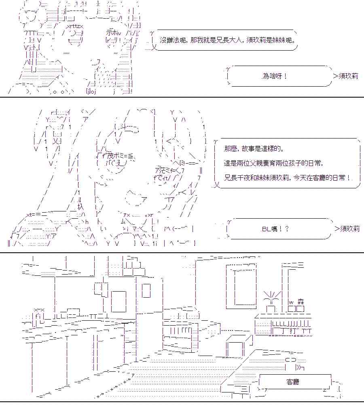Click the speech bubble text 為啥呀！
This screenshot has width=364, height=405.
click(275, 76)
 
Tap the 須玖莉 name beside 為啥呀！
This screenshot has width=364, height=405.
click(348, 76)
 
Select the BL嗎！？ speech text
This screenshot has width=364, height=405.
click(275, 229)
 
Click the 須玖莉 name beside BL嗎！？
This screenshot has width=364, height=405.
click(349, 228)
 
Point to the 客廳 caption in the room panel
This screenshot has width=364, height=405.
click(292, 382)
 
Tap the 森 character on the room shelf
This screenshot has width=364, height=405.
click(301, 302)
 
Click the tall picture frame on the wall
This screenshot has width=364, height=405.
click(241, 286)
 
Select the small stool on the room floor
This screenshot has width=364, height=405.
click(239, 345)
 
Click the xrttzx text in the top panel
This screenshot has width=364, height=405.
click(75, 26)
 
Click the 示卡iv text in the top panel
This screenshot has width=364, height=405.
click(114, 32)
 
